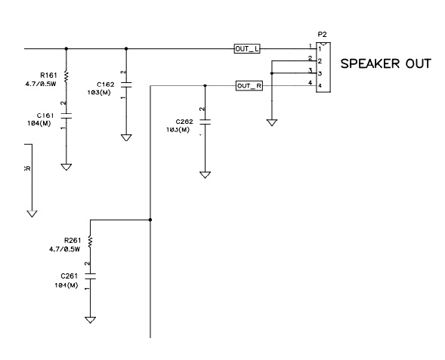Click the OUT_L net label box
[x=247, y=49]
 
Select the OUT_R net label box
[x=249, y=85]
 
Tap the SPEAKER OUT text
[x=385, y=63]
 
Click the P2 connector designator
[x=322, y=35]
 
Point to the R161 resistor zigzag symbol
[x=66, y=77]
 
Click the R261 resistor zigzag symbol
[x=90, y=242]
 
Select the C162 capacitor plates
[x=126, y=85]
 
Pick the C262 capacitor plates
[x=206, y=122]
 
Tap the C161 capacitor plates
[x=66, y=115]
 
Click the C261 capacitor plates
[x=90, y=276]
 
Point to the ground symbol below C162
[x=126, y=138]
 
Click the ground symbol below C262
[x=206, y=175]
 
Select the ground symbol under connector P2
[x=272, y=122]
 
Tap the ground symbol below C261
[x=90, y=320]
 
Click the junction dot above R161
[x=66, y=49]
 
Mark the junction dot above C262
[x=206, y=85]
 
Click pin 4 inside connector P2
[x=320, y=85]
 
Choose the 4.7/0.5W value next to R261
[x=64, y=250]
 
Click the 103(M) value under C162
[x=99, y=92]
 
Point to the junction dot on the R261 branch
[x=150, y=220]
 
